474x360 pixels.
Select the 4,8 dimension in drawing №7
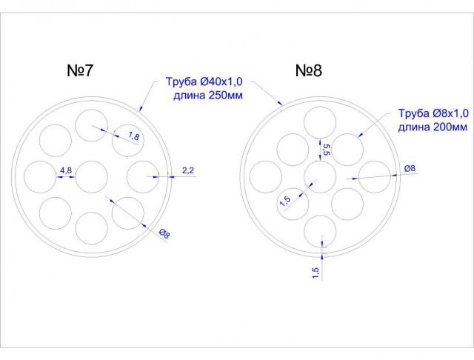click(66, 171)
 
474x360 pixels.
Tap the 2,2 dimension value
click(187, 171)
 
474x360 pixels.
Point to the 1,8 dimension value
click(134, 136)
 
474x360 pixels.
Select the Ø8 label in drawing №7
click(164, 235)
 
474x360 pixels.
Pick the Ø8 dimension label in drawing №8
click(410, 168)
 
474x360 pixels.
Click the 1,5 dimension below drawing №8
click(316, 272)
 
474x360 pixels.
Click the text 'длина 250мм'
click(210, 96)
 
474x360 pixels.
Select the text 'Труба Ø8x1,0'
click(433, 113)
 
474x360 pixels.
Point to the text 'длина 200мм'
click(433, 127)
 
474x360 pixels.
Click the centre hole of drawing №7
click(92, 177)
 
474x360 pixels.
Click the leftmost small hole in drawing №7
click(40, 177)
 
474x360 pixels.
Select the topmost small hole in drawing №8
click(321, 122)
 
